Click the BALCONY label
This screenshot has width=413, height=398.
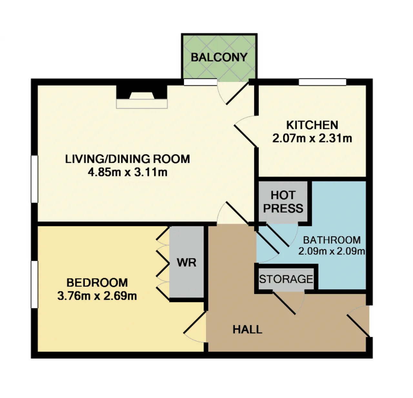click(x=219, y=57)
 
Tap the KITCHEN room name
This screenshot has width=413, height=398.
click(x=312, y=125)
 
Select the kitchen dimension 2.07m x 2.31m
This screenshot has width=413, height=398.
click(x=312, y=138)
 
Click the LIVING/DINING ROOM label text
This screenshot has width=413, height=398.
click(x=127, y=159)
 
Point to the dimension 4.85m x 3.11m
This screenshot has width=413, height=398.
click(x=127, y=172)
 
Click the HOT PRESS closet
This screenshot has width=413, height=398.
click(x=283, y=201)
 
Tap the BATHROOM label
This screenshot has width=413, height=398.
click(x=332, y=240)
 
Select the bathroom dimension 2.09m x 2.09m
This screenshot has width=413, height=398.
click(x=332, y=251)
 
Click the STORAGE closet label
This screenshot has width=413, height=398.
click(x=286, y=279)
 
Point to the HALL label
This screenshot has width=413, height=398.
click(x=247, y=330)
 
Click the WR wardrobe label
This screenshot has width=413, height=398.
click(x=186, y=263)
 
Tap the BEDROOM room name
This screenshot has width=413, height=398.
click(x=97, y=283)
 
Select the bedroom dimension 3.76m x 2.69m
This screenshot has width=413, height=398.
click(x=97, y=296)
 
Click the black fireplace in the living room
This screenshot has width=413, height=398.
click(x=142, y=92)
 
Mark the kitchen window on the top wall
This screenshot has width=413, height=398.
click(x=323, y=82)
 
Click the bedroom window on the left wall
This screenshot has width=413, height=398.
click(x=35, y=285)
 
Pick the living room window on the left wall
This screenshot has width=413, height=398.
click(x=35, y=179)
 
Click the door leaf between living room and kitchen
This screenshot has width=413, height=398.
click(x=246, y=136)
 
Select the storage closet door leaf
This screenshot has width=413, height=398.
click(x=284, y=303)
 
